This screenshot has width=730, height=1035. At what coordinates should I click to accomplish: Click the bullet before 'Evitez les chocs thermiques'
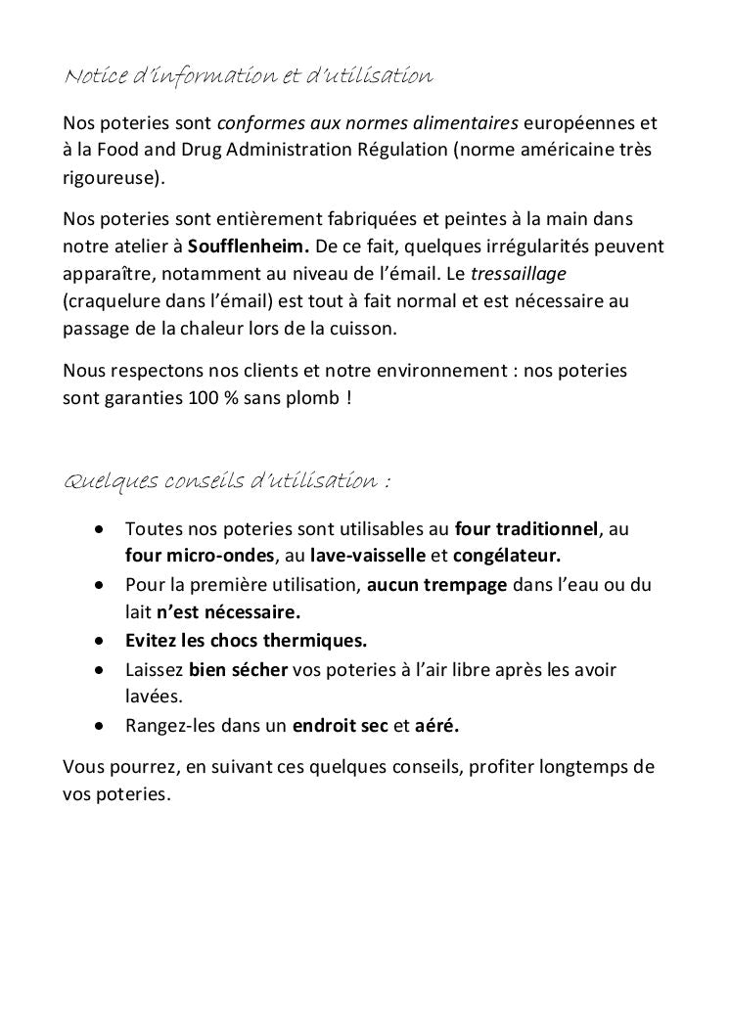point(100,642)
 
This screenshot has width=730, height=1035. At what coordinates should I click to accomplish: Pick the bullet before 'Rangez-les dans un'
point(100,726)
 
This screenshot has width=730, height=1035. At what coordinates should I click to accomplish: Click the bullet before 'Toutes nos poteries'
point(100,529)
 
